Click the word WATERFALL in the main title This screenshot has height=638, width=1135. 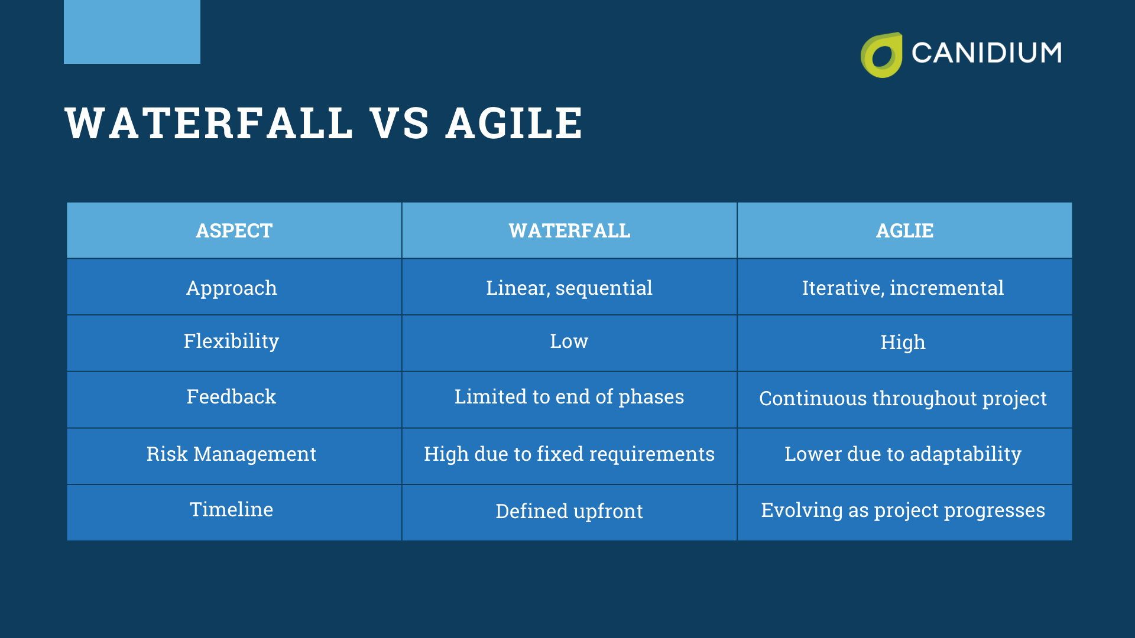point(209,123)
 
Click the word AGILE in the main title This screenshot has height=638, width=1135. point(514,123)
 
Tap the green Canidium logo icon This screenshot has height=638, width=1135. point(881,55)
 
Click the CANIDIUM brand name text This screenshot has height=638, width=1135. point(986,53)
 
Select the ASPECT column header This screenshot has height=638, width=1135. point(234,230)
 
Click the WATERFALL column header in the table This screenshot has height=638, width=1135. point(569,230)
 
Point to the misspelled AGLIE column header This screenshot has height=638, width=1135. point(904,230)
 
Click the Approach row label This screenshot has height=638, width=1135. point(232,288)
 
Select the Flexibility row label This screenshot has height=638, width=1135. point(231,341)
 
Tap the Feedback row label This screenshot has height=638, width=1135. point(231,397)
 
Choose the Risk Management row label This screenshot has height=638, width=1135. point(231,454)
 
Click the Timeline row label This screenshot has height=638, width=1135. point(231,509)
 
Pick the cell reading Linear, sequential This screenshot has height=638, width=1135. point(569,288)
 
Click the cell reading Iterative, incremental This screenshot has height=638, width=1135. point(903,288)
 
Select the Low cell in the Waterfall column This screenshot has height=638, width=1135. point(569,341)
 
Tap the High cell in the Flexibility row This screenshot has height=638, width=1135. point(903,343)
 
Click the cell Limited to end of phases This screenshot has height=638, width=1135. point(569,397)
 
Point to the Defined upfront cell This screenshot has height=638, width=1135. point(569,511)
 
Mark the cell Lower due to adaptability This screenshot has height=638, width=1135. point(903,454)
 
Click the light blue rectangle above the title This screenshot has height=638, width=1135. point(132,31)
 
